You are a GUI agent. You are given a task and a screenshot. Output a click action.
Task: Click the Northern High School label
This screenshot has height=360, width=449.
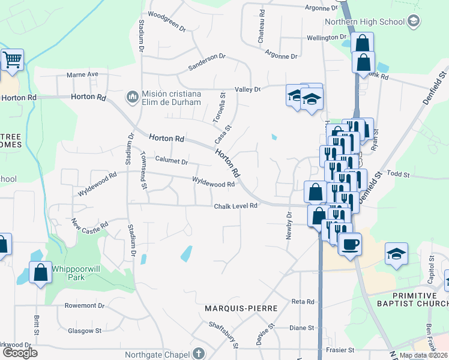(x=365, y=22)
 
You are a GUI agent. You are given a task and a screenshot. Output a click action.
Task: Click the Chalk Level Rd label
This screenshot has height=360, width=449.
(x=236, y=206)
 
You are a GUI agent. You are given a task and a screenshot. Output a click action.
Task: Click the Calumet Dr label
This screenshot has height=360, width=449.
(x=172, y=161)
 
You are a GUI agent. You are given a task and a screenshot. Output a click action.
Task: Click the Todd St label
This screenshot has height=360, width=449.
(x=398, y=175)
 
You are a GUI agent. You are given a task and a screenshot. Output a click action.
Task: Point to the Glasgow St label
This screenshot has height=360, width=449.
(x=84, y=331)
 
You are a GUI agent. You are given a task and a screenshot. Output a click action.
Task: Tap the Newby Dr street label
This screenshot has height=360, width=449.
(x=289, y=224)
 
